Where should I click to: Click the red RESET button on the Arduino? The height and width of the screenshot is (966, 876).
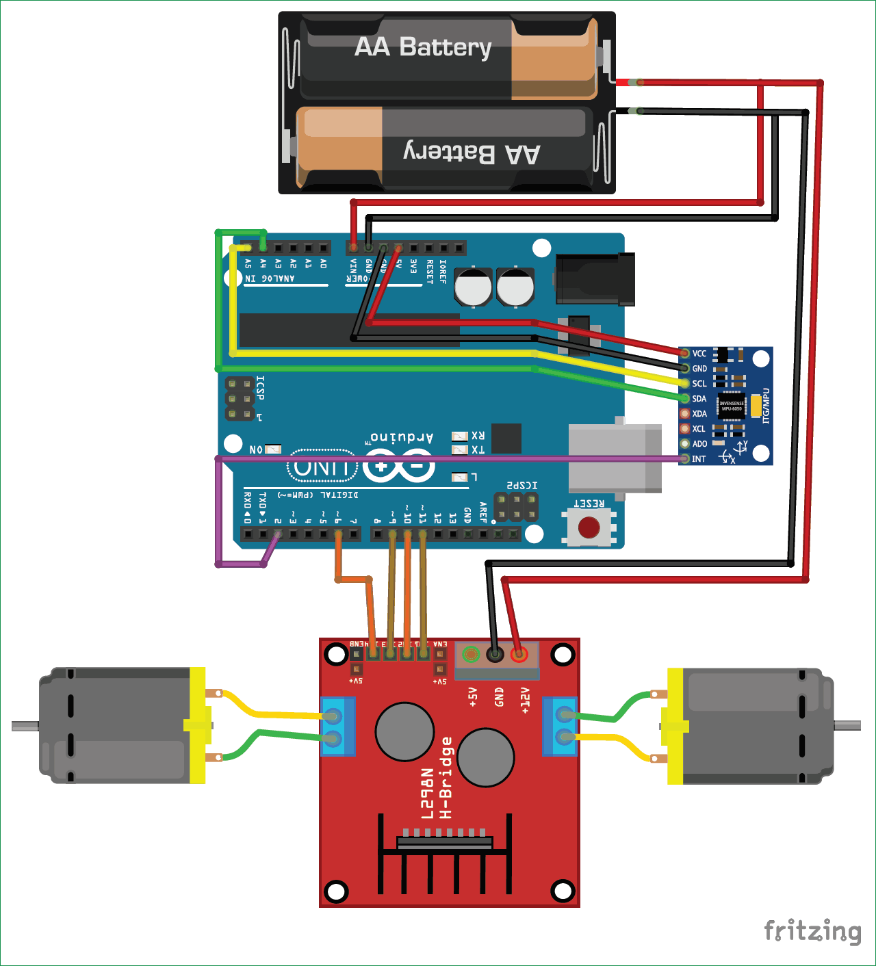(x=589, y=527)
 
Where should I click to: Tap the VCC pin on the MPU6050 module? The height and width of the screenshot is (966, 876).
(x=684, y=354)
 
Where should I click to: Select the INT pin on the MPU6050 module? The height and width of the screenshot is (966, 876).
(x=684, y=459)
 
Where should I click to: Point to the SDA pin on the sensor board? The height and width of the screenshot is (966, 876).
(x=684, y=399)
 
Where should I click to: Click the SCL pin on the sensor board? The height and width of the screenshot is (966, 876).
(x=684, y=384)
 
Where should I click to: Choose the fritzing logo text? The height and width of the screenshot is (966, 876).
(x=812, y=932)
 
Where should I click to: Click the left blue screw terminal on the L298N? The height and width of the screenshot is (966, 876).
(x=337, y=727)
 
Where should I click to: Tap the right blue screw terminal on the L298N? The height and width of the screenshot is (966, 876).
(x=560, y=727)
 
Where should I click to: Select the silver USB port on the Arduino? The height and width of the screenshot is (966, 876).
(x=615, y=457)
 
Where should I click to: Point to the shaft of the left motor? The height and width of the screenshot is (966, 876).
(x=25, y=726)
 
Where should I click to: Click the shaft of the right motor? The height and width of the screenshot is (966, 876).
(x=847, y=725)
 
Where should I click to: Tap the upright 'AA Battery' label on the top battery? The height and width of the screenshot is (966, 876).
(x=423, y=48)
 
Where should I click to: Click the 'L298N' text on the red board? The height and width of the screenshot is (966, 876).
(x=427, y=794)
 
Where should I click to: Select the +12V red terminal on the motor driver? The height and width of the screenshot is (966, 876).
(x=519, y=655)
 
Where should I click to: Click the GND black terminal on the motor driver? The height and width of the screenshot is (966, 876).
(x=495, y=655)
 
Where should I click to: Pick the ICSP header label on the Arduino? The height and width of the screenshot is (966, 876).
(x=260, y=388)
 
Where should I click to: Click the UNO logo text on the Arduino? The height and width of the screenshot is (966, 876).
(x=322, y=468)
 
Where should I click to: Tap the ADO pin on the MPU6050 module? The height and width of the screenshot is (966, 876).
(x=684, y=444)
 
